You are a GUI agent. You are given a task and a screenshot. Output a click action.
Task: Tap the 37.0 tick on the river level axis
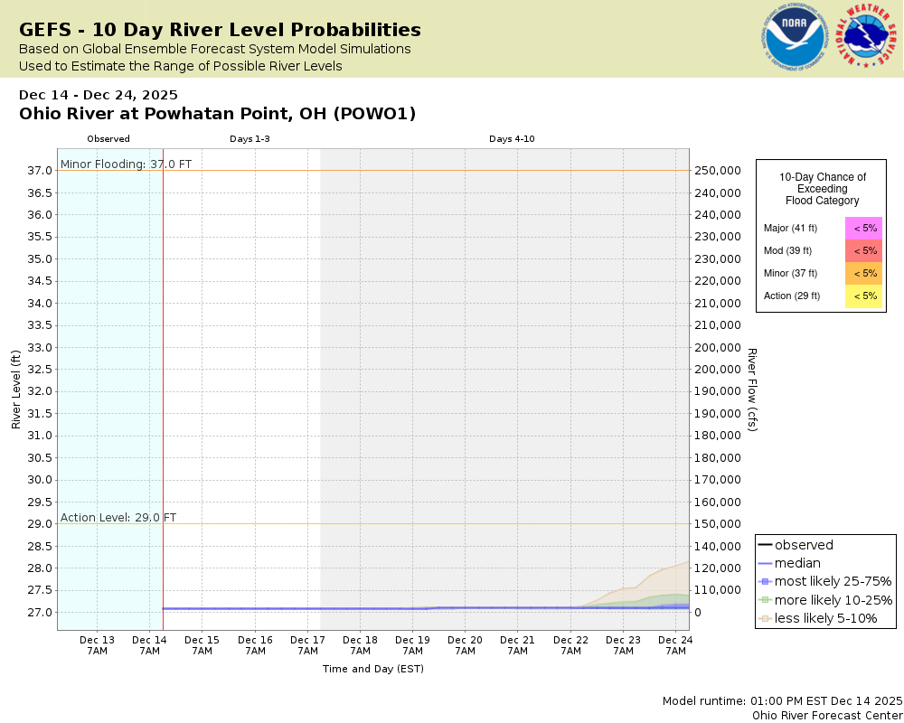click(x=39, y=171)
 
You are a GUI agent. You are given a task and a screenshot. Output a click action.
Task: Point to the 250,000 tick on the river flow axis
click(x=717, y=171)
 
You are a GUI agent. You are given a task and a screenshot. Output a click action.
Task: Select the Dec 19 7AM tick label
click(x=412, y=645)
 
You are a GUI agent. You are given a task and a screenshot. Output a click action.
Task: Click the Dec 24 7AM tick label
click(x=674, y=645)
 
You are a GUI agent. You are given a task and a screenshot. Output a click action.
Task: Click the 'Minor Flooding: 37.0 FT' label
click(x=126, y=164)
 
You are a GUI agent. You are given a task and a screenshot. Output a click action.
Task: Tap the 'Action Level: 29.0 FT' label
click(x=118, y=518)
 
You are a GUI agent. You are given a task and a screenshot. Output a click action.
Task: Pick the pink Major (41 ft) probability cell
click(x=864, y=229)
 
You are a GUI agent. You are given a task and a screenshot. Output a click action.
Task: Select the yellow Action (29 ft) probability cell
click(x=864, y=296)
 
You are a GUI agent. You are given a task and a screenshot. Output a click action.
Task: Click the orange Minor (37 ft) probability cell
click(x=864, y=273)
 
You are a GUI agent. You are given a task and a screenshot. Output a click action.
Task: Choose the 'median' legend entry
click(x=797, y=563)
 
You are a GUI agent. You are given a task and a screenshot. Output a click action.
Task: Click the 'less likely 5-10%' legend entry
click(x=825, y=619)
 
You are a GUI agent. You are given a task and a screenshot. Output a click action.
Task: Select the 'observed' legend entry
click(x=804, y=545)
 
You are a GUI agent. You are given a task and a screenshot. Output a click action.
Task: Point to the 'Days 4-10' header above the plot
click(x=513, y=139)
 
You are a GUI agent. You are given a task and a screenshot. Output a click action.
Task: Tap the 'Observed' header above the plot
click(x=108, y=139)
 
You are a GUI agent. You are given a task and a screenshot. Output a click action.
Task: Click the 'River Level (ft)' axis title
click(x=16, y=390)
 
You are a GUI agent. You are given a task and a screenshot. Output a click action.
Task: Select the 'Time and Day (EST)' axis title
click(x=373, y=669)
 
